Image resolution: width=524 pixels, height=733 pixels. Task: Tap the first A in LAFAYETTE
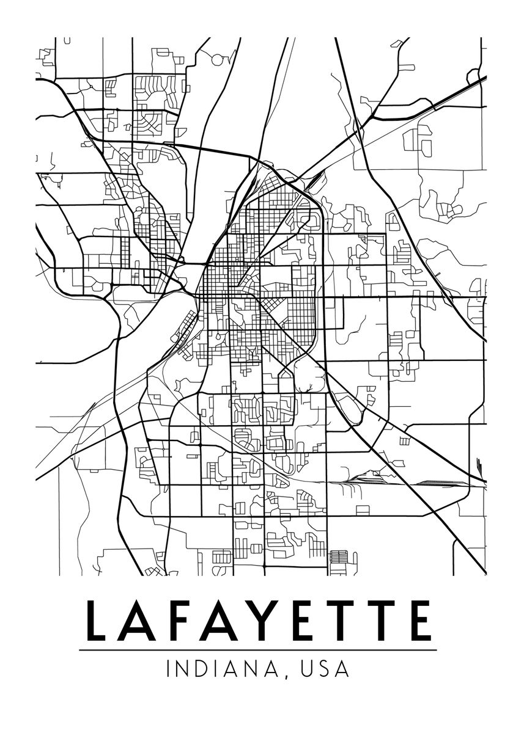(x=136, y=621)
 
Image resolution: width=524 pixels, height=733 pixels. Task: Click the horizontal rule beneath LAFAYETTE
(x=257, y=650)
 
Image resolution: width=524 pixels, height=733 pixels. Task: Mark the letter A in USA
(x=343, y=669)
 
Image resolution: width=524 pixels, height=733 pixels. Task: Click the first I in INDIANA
(x=168, y=669)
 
